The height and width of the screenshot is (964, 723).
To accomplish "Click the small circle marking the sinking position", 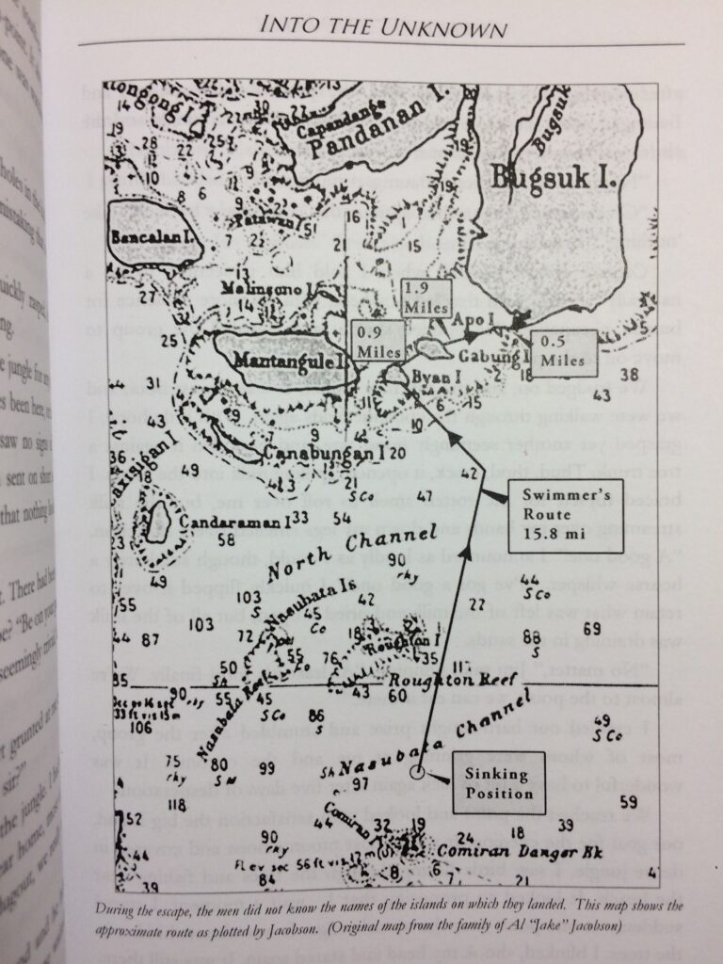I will pyautogui.click(x=418, y=775).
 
